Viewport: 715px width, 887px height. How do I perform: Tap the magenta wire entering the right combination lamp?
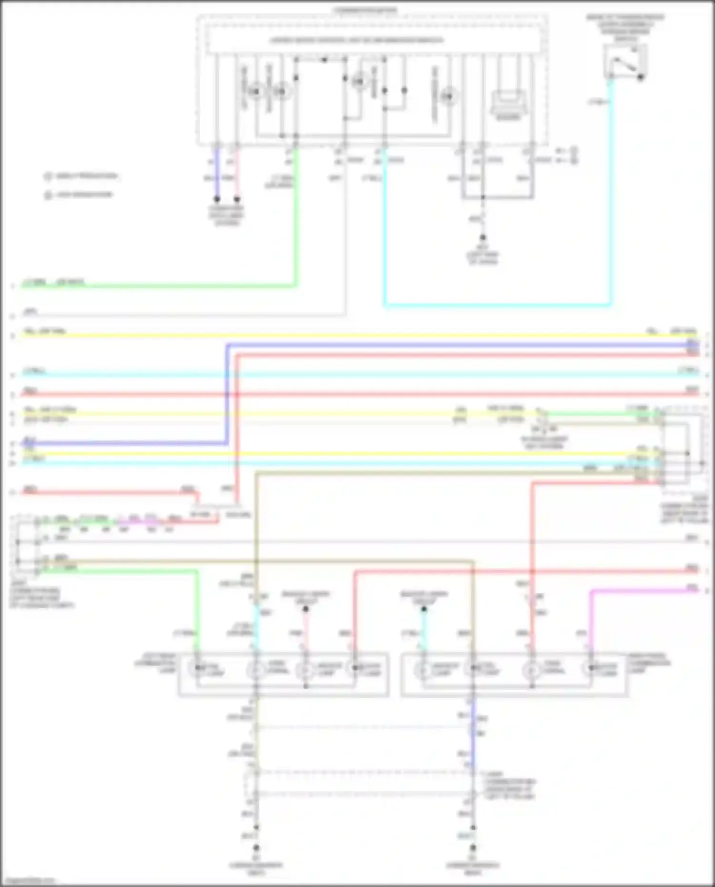pyautogui.click(x=591, y=620)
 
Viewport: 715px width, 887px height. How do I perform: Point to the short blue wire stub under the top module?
pyautogui.click(x=217, y=174)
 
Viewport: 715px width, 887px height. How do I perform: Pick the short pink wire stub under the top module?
pyautogui.click(x=237, y=174)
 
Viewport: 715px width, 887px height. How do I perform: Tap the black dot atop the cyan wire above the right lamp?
pyautogui.click(x=424, y=609)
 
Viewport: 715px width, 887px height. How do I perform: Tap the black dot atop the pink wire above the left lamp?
pyautogui.click(x=306, y=609)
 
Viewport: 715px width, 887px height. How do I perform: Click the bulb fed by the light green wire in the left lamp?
pyautogui.click(x=197, y=669)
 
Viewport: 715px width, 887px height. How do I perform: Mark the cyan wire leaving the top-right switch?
pyautogui.click(x=611, y=191)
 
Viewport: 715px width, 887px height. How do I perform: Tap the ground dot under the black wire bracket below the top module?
pyautogui.click(x=483, y=237)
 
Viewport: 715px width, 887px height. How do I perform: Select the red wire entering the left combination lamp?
pyautogui.click(x=355, y=615)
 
